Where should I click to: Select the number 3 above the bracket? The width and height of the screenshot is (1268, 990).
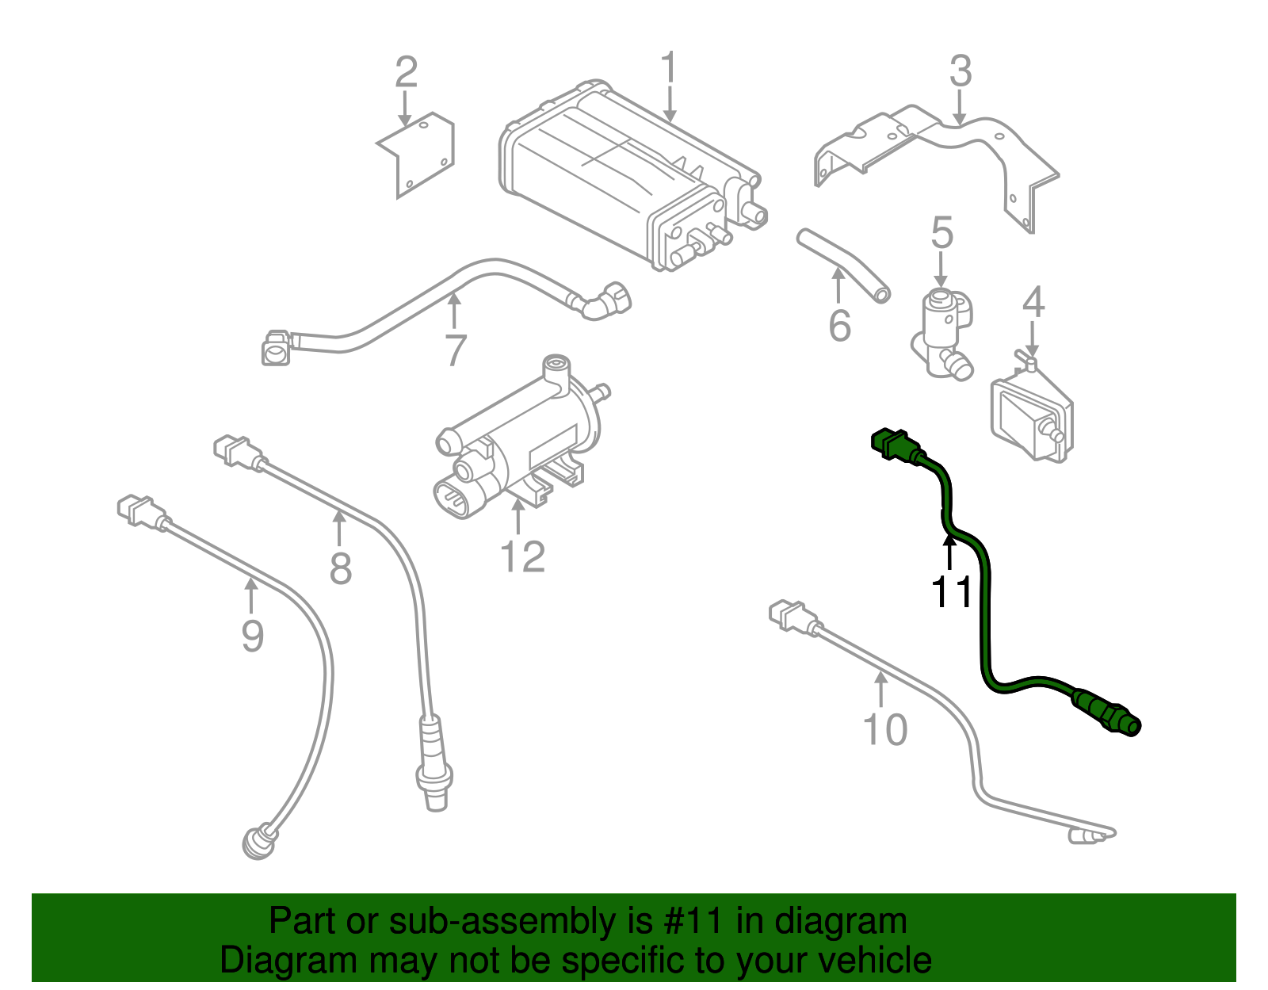click(960, 71)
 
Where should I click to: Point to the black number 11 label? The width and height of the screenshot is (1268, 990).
click(950, 591)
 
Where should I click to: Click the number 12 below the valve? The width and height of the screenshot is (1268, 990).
click(522, 556)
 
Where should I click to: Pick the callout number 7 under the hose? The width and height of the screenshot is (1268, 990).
click(455, 350)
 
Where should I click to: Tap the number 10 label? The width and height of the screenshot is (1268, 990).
click(884, 730)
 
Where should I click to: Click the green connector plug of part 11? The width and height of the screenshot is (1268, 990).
click(892, 443)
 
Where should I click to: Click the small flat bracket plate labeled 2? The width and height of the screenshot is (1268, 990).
click(418, 155)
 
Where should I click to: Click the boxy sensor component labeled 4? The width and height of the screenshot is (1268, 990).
click(1030, 416)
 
